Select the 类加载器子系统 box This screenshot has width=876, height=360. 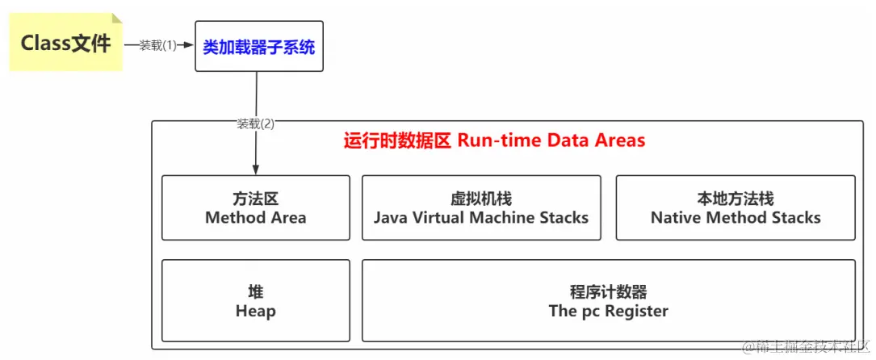click(258, 46)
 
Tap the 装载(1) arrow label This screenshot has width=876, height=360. click(157, 46)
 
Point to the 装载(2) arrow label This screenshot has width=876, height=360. click(256, 124)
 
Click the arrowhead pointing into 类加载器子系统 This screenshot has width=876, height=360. click(191, 46)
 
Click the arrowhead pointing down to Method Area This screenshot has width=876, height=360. click(256, 169)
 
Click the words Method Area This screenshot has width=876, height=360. click(256, 217)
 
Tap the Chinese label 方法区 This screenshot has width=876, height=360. click(256, 199)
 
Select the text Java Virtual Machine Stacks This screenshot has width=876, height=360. click(481, 217)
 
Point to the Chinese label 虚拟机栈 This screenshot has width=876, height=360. click(481, 199)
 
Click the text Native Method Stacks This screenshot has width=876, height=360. click(736, 217)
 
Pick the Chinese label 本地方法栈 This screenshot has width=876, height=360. click(736, 199)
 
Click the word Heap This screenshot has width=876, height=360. click(256, 311)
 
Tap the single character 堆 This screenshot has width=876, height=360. click(256, 292)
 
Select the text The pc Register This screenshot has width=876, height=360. click(609, 311)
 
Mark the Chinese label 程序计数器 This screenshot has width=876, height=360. click(609, 292)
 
